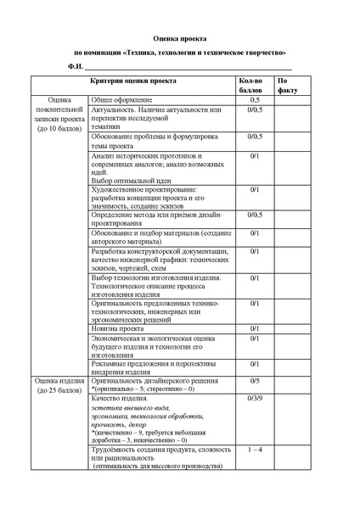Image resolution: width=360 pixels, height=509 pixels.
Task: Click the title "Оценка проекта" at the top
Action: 179,38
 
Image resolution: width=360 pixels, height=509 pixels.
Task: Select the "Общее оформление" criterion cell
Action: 123,100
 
